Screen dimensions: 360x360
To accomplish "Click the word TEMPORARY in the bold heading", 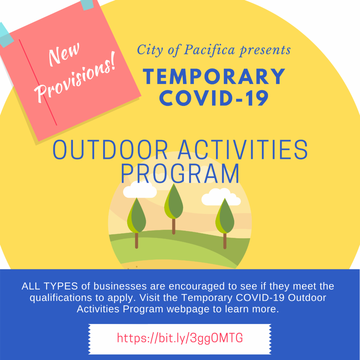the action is tap(214, 76).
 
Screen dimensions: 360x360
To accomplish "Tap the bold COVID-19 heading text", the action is tap(214, 98).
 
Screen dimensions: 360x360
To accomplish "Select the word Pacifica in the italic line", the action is tap(209, 50).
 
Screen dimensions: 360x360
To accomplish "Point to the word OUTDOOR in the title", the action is tap(110, 150).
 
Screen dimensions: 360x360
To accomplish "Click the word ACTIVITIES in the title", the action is tap(243, 150).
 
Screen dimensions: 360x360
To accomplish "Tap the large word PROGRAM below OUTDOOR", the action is tap(180, 173).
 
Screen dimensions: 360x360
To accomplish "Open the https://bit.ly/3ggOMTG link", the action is tap(180, 338).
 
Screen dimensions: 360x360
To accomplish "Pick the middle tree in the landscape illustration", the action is tap(174, 209).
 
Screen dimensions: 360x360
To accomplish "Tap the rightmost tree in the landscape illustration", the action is tap(225, 223).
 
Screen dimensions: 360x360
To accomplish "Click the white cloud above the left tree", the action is tap(140, 189).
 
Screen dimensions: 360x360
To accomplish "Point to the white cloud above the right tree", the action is tap(221, 197).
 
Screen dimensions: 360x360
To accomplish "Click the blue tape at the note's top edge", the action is tap(87, 4).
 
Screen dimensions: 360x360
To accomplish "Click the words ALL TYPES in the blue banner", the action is tap(50, 286).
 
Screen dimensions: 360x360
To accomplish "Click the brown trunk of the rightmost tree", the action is tap(225, 241).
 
